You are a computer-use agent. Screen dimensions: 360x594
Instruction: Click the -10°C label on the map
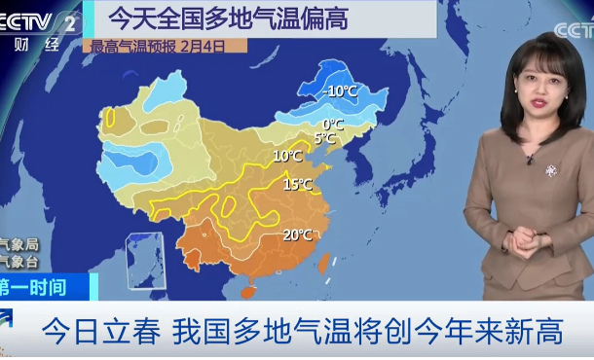342,91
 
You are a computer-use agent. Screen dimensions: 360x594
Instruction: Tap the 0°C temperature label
333,125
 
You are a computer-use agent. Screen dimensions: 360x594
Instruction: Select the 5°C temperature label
324,139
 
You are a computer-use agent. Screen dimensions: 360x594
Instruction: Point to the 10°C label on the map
286,156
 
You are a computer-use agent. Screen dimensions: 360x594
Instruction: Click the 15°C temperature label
297,185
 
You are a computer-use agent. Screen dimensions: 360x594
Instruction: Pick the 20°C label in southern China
297,234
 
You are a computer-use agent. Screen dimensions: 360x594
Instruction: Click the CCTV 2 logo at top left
39,20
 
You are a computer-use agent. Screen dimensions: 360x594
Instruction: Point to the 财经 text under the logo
30,45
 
